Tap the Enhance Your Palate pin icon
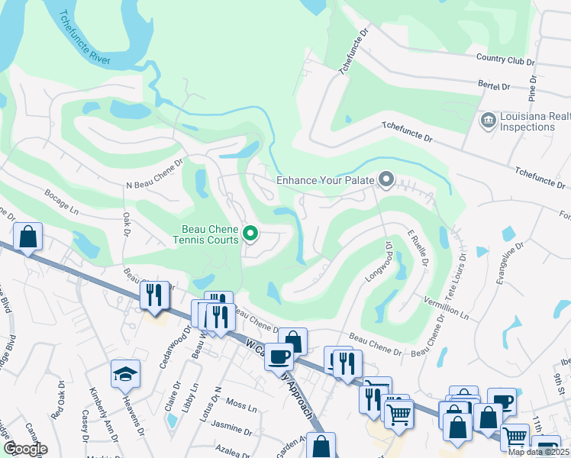[386, 180]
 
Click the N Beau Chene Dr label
[156, 174]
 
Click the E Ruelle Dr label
[418, 248]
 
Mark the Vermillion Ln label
[444, 309]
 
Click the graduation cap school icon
[125, 373]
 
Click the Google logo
[26, 449]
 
